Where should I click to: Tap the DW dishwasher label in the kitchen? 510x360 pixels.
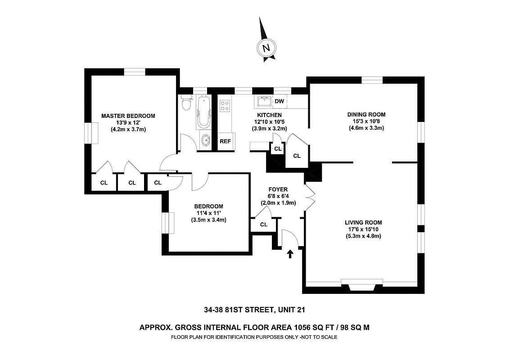click(x=279, y=101)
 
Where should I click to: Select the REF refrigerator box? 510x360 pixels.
click(x=225, y=141)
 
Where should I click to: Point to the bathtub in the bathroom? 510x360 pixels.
click(x=203, y=112)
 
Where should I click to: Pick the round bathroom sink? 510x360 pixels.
click(x=205, y=140)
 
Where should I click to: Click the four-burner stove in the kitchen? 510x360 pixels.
click(x=224, y=106)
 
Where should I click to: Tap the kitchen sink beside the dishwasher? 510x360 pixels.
click(x=264, y=101)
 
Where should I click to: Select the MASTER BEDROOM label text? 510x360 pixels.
click(x=128, y=116)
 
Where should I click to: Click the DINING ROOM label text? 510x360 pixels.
click(x=366, y=114)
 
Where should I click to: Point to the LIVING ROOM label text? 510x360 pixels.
click(x=363, y=222)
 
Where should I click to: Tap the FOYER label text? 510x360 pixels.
click(x=278, y=189)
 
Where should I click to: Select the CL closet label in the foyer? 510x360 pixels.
click(x=264, y=225)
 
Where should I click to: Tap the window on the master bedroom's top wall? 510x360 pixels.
click(x=135, y=71)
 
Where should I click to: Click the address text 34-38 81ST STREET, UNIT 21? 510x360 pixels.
click(x=255, y=310)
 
